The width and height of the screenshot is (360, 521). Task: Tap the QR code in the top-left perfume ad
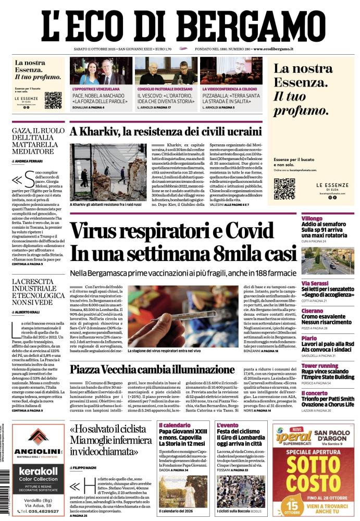point(53,100)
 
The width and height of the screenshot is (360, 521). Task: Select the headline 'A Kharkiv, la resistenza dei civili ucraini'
point(165,131)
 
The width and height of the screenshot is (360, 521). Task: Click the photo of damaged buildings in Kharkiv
point(108,172)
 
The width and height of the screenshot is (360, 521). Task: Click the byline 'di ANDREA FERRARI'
point(29,162)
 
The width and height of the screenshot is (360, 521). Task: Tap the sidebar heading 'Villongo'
point(312,218)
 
